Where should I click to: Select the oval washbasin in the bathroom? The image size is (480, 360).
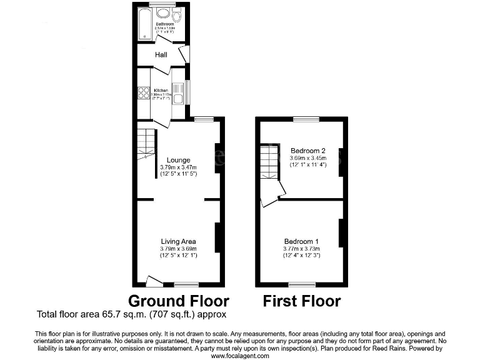tap(163, 13)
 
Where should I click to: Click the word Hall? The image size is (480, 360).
tap(161, 56)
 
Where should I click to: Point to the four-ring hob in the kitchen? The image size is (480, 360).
tap(142, 93)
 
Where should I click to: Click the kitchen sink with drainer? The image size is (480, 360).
tap(177, 94)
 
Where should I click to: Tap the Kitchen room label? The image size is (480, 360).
tap(161, 90)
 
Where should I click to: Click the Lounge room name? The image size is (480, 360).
tap(179, 161)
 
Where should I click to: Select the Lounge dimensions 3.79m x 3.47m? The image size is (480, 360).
tap(179, 167)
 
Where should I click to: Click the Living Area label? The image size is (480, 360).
tap(179, 241)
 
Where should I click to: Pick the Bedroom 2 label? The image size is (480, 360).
tap(308, 151)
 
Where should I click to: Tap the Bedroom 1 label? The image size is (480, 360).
tap(301, 241)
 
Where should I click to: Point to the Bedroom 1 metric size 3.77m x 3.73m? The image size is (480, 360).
tap(301, 248)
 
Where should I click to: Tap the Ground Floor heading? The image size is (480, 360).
tap(179, 301)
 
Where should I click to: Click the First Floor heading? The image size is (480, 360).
tap(302, 301)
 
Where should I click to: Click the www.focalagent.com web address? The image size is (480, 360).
tap(240, 356)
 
